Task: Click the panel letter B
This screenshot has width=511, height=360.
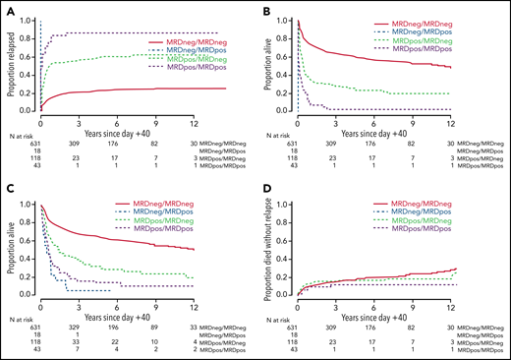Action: coord(265,9)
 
